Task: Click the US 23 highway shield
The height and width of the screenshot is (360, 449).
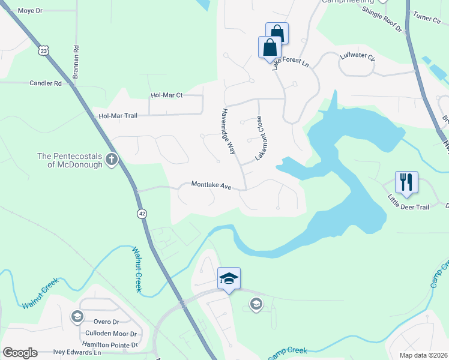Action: point(43,51)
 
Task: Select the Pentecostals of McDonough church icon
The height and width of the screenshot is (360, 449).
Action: point(111,160)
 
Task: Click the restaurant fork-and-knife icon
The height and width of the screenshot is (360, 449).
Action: point(406,182)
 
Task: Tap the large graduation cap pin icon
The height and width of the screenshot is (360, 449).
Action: point(229,278)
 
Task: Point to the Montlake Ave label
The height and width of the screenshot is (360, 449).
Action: point(211,186)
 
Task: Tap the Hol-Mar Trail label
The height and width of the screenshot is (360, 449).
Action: point(118,115)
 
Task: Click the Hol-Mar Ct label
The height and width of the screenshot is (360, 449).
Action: point(166,95)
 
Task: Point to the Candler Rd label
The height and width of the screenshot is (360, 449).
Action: point(46,83)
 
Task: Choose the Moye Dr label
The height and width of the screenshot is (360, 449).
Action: point(30,11)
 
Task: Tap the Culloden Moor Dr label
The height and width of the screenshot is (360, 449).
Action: point(112,334)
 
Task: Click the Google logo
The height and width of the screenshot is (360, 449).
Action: point(20,353)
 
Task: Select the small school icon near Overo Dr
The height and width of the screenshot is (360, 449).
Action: point(77,316)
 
